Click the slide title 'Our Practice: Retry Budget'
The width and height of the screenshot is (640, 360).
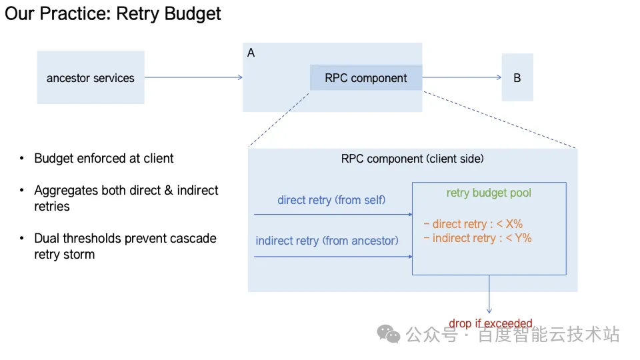click(113, 13)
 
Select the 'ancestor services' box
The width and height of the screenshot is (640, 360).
click(91, 78)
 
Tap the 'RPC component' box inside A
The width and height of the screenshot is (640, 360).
click(365, 78)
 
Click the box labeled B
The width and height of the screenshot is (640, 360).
click(517, 78)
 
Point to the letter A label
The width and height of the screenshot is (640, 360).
click(251, 53)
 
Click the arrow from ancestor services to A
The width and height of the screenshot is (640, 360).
click(193, 77)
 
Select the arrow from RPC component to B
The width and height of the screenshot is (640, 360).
click(461, 77)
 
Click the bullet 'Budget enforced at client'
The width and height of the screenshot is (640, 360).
click(103, 159)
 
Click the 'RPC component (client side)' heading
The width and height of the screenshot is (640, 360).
click(412, 159)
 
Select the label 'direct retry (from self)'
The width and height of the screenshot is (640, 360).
click(331, 200)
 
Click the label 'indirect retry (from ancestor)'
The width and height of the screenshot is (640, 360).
click(327, 240)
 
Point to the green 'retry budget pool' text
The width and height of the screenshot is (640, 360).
click(489, 193)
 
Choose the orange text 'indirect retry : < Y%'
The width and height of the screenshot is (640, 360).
click(477, 238)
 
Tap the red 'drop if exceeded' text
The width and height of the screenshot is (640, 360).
click(490, 324)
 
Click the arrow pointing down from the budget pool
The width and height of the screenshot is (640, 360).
click(489, 293)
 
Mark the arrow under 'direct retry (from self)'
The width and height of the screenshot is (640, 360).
click(333, 215)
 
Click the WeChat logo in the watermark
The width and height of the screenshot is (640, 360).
click(389, 333)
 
